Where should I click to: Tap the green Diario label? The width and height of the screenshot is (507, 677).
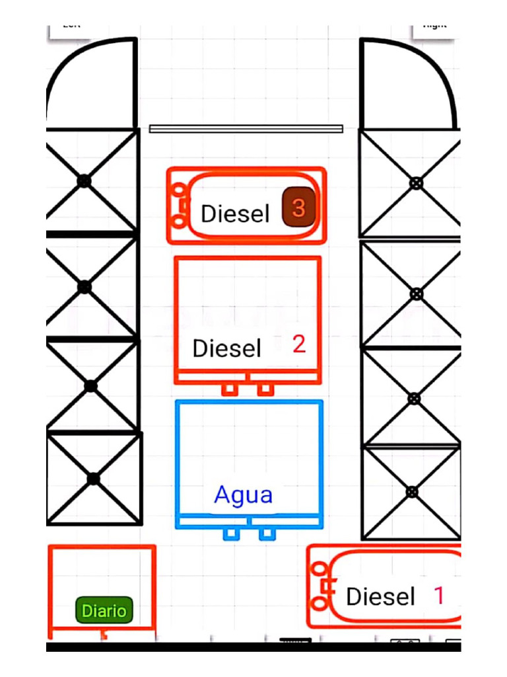pos(104,610)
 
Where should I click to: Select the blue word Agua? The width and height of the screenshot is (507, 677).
pos(244,495)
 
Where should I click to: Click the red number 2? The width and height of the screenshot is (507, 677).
pos(299,344)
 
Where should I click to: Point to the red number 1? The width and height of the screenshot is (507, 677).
pos(438,595)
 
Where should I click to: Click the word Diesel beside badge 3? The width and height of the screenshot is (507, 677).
pos(236,214)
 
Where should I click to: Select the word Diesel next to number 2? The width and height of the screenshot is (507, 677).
pos(227,348)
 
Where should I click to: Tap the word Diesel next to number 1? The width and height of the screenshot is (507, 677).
pos(380,596)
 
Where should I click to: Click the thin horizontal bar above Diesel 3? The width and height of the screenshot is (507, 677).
pos(246,129)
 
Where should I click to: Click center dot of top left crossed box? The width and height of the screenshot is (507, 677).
pos(84,180)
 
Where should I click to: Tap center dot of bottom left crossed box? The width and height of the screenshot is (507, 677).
pos(94,478)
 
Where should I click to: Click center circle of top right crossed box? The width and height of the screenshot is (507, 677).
pos(416,183)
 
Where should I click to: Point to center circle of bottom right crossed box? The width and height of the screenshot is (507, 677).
pos(413,491)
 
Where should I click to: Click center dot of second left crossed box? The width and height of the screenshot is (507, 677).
pos(84,287)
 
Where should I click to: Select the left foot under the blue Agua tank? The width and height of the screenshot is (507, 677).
pos(230,534)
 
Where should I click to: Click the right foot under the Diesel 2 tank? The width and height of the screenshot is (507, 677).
pos(265,389)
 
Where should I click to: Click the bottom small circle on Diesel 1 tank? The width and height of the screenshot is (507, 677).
pos(320,603)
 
